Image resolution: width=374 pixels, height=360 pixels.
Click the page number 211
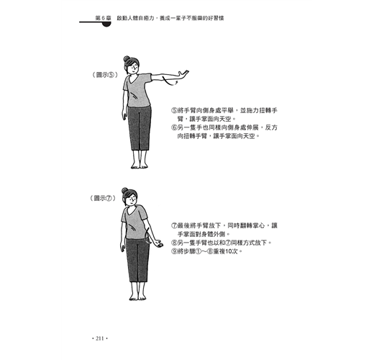pos(100,338)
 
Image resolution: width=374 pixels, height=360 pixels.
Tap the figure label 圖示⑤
pos(105,75)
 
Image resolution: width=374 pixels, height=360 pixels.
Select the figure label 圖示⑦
pos(103,198)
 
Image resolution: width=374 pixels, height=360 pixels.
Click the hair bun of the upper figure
pos(127,59)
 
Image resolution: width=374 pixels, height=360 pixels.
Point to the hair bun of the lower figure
pos(124,191)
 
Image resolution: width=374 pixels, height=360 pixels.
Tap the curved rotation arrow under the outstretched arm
pos(170,81)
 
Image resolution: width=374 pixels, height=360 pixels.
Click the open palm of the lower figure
pos(158,244)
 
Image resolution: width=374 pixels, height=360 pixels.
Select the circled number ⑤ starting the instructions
pos(174,110)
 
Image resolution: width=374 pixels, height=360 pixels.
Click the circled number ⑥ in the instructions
pos(174,127)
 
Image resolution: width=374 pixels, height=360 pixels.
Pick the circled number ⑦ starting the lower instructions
pos(174,225)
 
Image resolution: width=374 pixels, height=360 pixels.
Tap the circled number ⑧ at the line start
pos(174,243)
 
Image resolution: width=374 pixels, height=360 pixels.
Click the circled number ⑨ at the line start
pos(174,251)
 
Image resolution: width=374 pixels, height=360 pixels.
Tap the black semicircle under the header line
pos(106,24)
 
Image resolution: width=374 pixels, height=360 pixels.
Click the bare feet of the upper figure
pos(140,165)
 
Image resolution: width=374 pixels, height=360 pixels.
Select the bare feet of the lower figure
pos(137,297)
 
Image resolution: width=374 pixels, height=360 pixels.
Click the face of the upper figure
pos(133,68)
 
